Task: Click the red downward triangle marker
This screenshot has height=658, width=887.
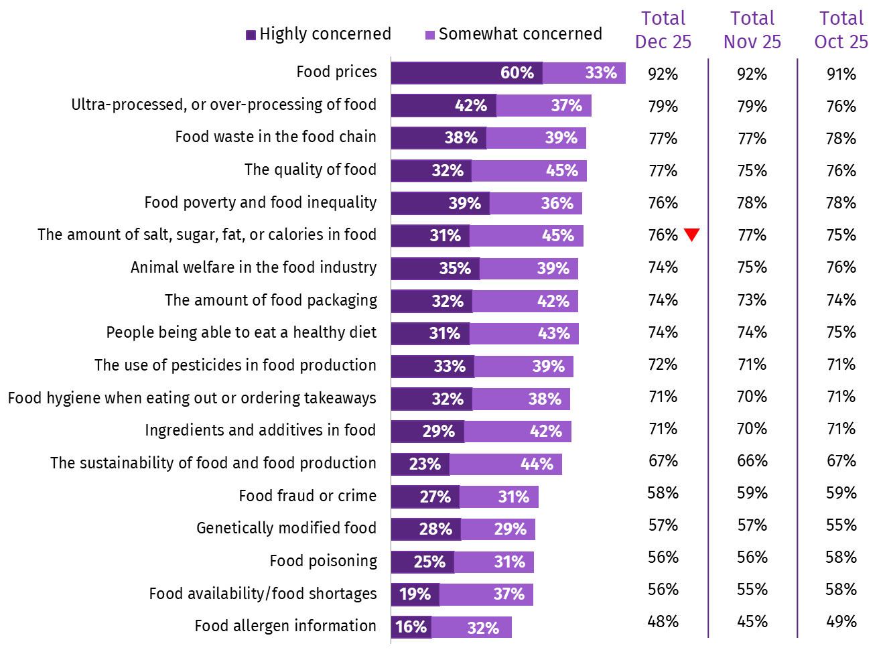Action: pyautogui.click(x=692, y=235)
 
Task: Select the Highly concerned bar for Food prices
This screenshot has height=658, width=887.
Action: pyautogui.click(x=466, y=73)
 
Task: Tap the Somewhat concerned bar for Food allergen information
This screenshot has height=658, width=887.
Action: pyautogui.click(x=472, y=627)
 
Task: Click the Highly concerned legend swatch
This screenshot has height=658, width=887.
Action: pyautogui.click(x=251, y=35)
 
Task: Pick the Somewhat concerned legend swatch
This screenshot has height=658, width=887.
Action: pyautogui.click(x=430, y=35)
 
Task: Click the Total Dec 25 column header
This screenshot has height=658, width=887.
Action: pyautogui.click(x=663, y=30)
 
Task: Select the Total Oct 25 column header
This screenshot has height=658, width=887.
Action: pyautogui.click(x=841, y=30)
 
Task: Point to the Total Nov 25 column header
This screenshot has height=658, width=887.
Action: pyautogui.click(x=752, y=30)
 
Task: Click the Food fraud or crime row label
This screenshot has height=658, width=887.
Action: pyautogui.click(x=308, y=496)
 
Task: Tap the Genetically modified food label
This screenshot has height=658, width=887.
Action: pyautogui.click(x=286, y=528)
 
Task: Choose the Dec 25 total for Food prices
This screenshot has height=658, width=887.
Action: pyautogui.click(x=663, y=74)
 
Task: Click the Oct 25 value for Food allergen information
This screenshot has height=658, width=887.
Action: pyautogui.click(x=841, y=622)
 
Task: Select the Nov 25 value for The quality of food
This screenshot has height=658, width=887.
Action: pyautogui.click(x=752, y=171)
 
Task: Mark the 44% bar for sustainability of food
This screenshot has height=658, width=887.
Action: pyautogui.click(x=506, y=464)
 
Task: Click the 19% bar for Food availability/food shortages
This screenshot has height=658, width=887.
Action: pyautogui.click(x=415, y=594)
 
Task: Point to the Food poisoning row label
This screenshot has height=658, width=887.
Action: pyautogui.click(x=323, y=561)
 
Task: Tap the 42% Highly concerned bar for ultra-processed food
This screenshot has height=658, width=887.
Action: pyautogui.click(x=443, y=106)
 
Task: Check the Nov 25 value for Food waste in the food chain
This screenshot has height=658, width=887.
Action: pyautogui.click(x=752, y=139)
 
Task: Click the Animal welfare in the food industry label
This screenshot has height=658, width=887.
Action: pyautogui.click(x=253, y=267)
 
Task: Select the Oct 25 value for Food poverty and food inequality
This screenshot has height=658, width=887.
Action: pyautogui.click(x=841, y=203)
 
